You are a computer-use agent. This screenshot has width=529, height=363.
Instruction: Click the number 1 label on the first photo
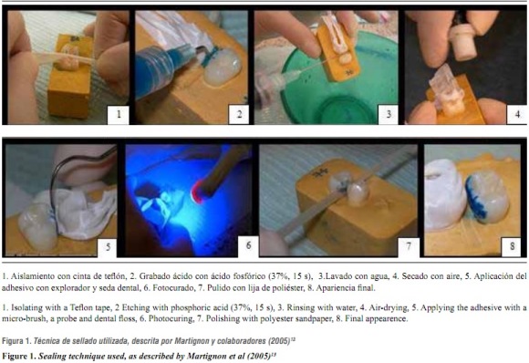tap(118, 115)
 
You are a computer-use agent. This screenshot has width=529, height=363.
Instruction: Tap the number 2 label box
tap(239, 115)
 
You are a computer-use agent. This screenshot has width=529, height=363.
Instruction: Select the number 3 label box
tap(389, 115)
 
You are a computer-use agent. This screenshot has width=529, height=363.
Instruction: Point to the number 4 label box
tap(516, 115)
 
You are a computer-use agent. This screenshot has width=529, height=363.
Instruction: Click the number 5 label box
tap(108, 247)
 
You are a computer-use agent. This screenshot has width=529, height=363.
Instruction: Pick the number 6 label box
tap(248, 245)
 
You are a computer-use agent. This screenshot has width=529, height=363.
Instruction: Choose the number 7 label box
tap(409, 247)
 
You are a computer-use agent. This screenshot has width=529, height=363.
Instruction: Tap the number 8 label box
tap(512, 247)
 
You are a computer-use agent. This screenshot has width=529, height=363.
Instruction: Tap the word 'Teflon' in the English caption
tap(82, 307)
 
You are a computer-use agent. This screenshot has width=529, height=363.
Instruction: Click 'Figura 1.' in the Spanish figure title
tap(16, 341)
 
